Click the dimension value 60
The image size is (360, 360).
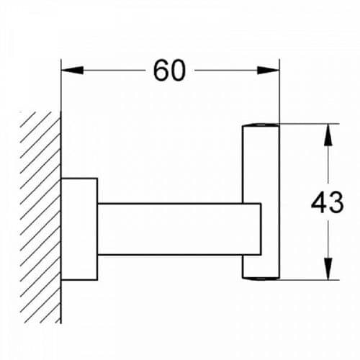[x=169, y=71]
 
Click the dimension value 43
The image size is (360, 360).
[x=328, y=202]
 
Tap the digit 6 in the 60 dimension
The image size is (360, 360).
[x=161, y=71]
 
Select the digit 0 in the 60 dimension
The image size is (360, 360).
[x=178, y=71]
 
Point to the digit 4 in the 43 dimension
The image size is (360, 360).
[x=319, y=202]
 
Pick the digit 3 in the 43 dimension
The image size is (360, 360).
[x=336, y=202]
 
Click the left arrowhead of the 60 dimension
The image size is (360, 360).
[x=73, y=71]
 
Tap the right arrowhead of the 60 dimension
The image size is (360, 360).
[x=268, y=71]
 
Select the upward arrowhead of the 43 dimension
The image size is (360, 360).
[x=328, y=135]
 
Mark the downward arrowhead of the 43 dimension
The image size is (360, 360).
[x=328, y=269]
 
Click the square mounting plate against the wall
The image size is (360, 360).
[x=79, y=229]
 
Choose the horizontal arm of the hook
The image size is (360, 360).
[x=179, y=229]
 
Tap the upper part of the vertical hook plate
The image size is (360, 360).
[x=261, y=163]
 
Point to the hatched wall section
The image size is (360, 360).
[x=40, y=217]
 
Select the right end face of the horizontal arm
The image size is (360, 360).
[x=261, y=229]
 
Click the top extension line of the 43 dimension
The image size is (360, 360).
[x=309, y=124]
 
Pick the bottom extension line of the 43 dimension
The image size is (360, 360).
[x=309, y=279]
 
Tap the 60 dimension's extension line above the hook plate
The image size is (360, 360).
[x=279, y=91]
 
